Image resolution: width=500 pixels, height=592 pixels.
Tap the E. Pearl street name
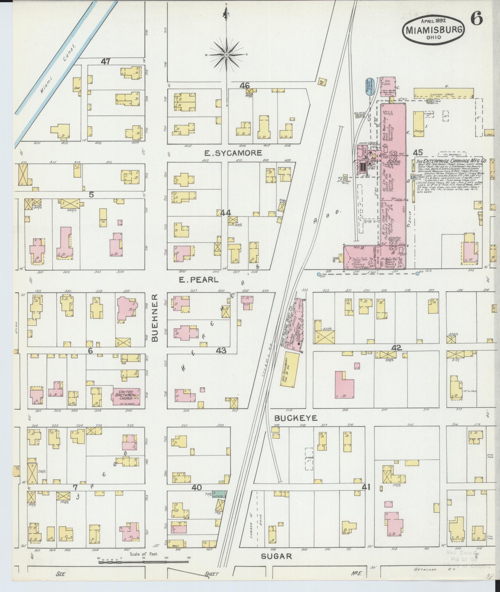click(199, 280)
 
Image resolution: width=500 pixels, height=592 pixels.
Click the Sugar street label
click(276, 556)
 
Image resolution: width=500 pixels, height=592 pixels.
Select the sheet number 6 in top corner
click(476, 20)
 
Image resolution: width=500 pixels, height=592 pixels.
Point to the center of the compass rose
click(226, 55)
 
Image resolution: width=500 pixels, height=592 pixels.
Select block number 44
click(226, 213)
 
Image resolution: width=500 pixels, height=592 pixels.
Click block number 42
click(396, 347)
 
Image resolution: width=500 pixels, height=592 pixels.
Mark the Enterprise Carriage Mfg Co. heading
click(452, 161)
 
